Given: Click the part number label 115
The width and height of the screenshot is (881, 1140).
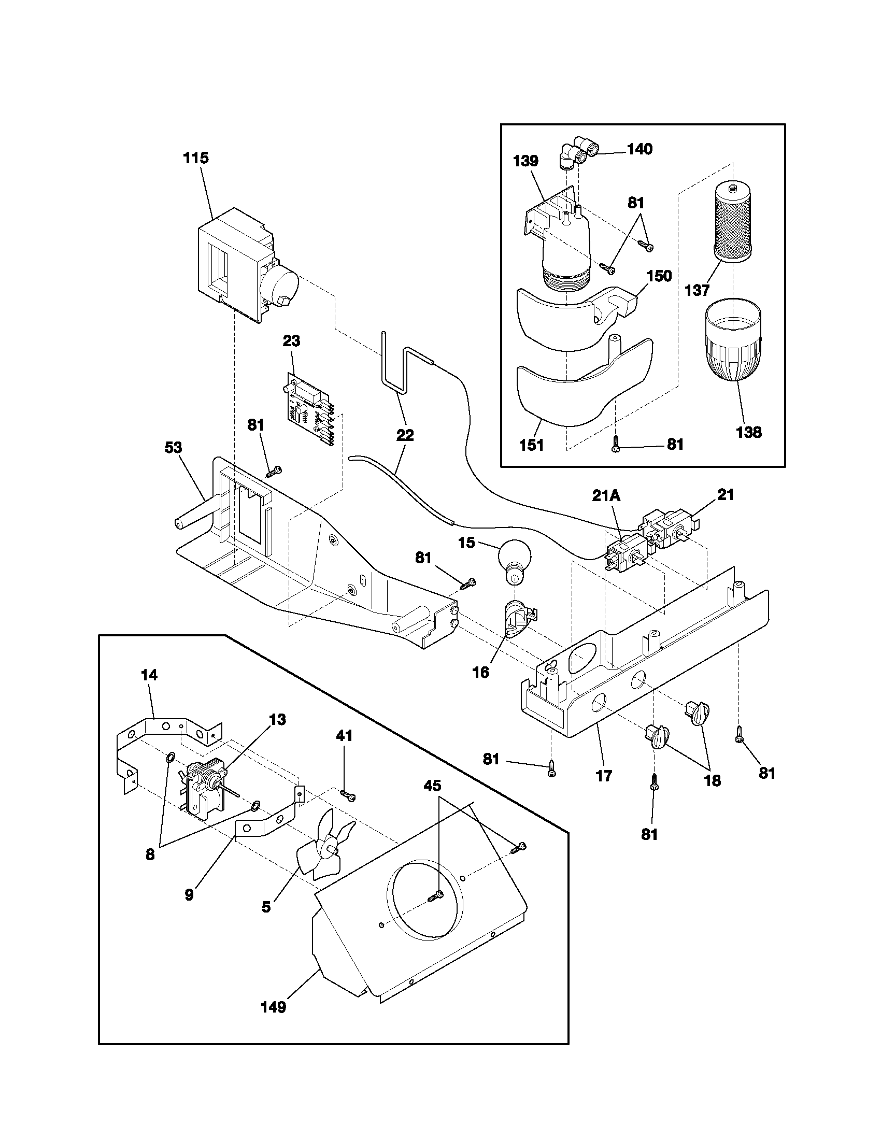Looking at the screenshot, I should click(196, 158).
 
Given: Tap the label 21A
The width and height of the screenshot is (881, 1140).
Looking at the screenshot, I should click(606, 496).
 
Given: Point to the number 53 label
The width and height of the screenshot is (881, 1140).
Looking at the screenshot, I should click(174, 447).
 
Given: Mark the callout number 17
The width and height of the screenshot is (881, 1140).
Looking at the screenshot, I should click(604, 776).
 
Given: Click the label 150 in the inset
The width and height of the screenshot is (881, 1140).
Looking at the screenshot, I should click(659, 276).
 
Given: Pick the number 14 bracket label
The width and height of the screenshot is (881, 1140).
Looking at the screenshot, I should click(149, 675).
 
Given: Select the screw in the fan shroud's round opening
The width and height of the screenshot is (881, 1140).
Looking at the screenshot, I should click(435, 897).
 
